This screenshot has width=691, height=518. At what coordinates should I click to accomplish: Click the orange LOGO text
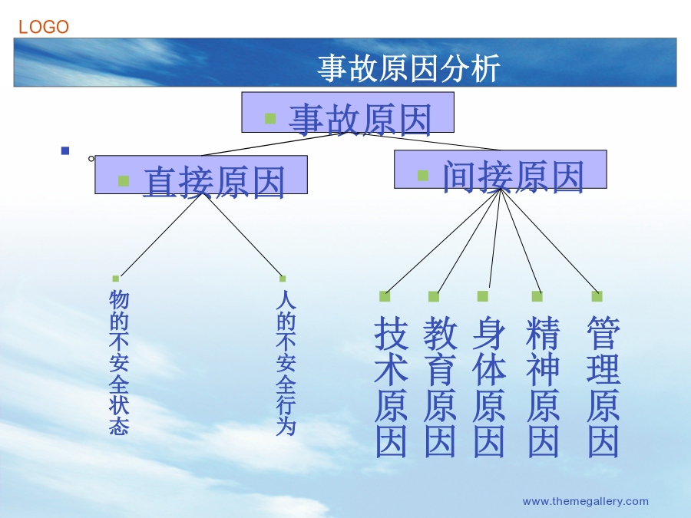coord(44,27)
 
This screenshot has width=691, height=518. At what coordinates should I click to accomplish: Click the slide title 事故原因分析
coord(408,68)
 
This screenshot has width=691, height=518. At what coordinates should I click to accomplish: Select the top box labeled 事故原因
coord(348,112)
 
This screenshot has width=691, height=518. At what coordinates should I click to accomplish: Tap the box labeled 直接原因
coord(201,174)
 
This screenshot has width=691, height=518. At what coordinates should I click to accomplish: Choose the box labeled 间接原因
coord(500,169)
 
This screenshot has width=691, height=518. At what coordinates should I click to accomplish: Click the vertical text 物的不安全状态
coord(119,362)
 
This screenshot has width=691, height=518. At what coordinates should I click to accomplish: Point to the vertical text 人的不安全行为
coord(286,362)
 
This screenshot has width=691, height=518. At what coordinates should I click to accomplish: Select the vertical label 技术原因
coord(391,386)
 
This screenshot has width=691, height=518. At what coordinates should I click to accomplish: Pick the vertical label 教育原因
coord(440,386)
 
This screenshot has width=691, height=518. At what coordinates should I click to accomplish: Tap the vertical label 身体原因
coord(489,386)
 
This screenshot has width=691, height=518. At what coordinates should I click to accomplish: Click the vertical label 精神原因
coord(543,386)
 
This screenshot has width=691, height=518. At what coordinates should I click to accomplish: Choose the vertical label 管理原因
coord(603,386)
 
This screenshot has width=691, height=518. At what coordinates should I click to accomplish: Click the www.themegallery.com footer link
coord(585,501)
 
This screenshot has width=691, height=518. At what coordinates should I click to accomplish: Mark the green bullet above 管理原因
coord(597,296)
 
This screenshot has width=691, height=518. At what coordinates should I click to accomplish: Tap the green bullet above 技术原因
coord(385,296)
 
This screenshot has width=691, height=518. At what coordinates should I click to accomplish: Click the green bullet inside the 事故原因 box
coord(270,118)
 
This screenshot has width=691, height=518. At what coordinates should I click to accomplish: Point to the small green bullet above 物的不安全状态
coord(115,279)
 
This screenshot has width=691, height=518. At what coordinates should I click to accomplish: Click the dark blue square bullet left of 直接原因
coord(65,150)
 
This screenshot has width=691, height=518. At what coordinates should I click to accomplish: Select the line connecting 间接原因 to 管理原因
coord(549,240)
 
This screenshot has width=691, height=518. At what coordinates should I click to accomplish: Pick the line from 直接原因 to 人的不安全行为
coord(243,235)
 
